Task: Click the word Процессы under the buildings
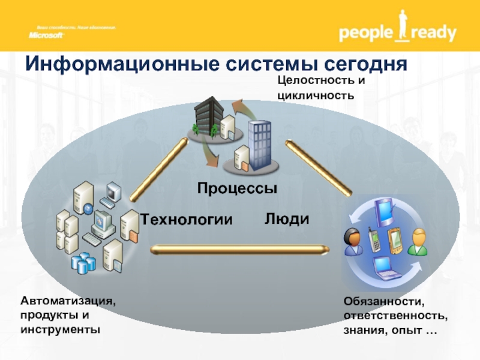point(237,188)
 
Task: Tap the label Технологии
point(186,220)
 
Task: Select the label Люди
point(287,219)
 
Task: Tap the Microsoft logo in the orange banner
point(46,35)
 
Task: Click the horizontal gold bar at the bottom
point(239,248)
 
